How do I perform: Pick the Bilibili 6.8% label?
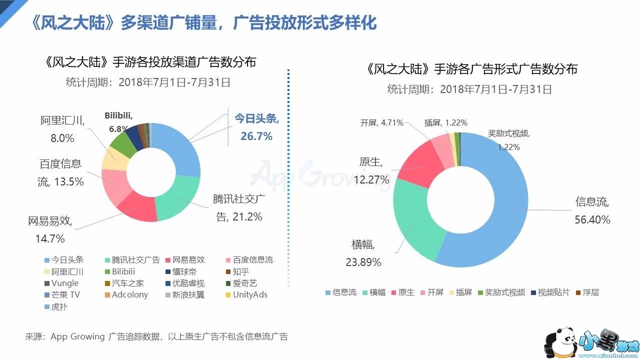(118, 121)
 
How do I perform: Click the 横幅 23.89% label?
(363, 253)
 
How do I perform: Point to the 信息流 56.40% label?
(592, 210)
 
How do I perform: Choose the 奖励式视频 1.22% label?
(508, 140)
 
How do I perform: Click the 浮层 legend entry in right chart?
(587, 292)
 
